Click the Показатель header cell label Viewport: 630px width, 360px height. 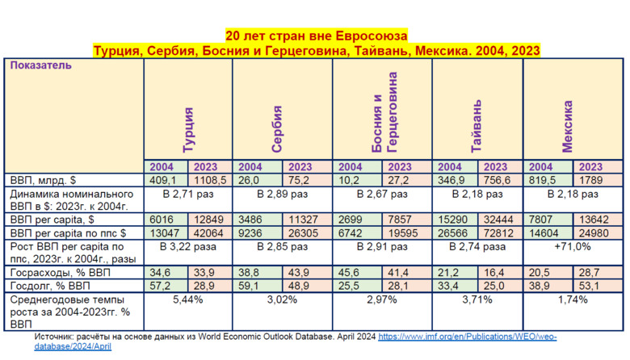pyautogui.click(x=42, y=66)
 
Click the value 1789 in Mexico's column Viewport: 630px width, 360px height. pyautogui.click(x=590, y=180)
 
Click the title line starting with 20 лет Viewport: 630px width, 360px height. pyautogui.click(x=316, y=36)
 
